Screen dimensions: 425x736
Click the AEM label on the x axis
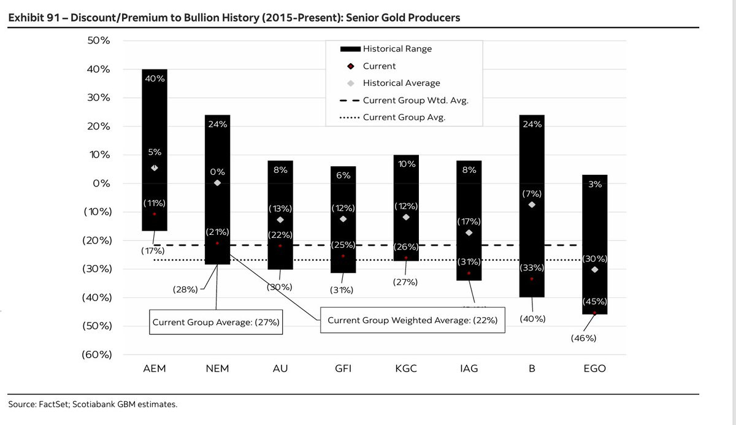154,369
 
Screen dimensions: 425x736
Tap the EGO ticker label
594,369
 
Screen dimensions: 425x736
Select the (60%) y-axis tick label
96,354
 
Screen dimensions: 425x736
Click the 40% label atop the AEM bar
155,78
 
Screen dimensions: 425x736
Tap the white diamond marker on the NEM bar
217,183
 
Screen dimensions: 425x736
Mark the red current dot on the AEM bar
155,214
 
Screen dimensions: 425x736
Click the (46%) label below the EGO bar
583,338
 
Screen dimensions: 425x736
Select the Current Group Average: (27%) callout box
217,322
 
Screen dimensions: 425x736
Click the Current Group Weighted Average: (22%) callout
412,320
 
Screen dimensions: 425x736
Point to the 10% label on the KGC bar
406,164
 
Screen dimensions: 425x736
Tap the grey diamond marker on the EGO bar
594,269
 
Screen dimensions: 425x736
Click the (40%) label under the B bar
532,319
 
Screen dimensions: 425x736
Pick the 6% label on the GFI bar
343,175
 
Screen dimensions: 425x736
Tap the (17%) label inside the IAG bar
469,221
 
